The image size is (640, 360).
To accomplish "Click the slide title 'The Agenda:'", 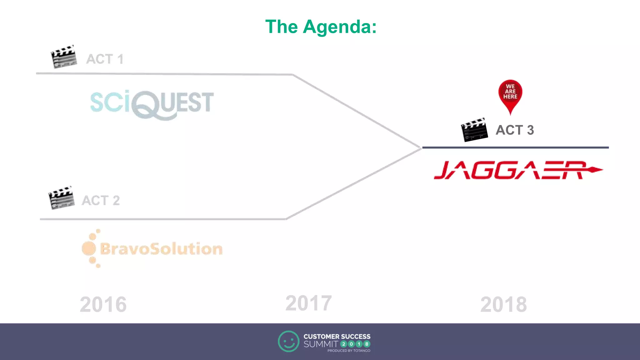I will click(x=321, y=27).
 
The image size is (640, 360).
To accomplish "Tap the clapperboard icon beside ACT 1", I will click(x=64, y=57).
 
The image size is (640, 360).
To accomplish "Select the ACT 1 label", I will click(x=105, y=59).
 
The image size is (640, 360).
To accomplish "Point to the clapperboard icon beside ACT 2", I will click(x=61, y=198).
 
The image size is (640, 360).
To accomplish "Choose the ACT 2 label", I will click(x=101, y=200).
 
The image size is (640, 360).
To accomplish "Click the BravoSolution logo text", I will click(x=161, y=249).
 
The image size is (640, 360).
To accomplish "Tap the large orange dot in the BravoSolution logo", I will click(x=89, y=248).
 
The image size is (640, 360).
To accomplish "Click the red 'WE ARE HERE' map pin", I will click(x=510, y=94).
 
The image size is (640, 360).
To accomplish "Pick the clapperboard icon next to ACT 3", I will click(x=474, y=130).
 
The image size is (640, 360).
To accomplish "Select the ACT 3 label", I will click(x=515, y=130).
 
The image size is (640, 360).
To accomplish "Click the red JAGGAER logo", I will click(x=512, y=170).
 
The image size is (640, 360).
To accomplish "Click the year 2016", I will click(x=103, y=304).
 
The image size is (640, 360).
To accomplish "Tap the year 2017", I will click(x=308, y=303).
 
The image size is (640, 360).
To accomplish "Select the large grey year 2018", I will click(x=503, y=304).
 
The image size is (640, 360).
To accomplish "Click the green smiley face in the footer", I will click(x=288, y=341).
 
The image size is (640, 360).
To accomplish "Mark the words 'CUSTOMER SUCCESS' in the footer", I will click(x=337, y=337).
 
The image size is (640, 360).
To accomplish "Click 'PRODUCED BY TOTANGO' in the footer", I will click(x=349, y=351).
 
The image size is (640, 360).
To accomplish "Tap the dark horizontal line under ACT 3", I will click(x=516, y=147).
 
